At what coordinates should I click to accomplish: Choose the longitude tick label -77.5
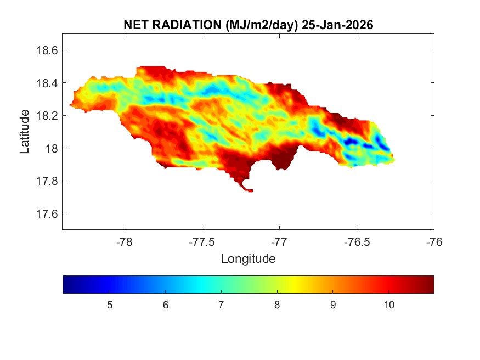pyautogui.click(x=202, y=241)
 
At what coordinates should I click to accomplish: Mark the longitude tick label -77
pyautogui.click(x=280, y=241)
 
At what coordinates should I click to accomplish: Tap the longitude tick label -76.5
pyautogui.click(x=357, y=241)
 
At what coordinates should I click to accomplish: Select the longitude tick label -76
pyautogui.click(x=434, y=241)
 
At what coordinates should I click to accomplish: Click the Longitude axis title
pyautogui.click(x=248, y=258)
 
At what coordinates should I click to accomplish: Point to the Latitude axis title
pyautogui.click(x=25, y=132)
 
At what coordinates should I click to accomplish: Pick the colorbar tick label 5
pyautogui.click(x=110, y=305)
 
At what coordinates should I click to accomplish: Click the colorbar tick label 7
pyautogui.click(x=221, y=305)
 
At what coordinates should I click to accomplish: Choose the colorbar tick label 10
pyautogui.click(x=389, y=305)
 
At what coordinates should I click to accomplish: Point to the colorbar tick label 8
pyautogui.click(x=277, y=305)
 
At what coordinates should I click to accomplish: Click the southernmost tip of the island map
pyautogui.click(x=250, y=191)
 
